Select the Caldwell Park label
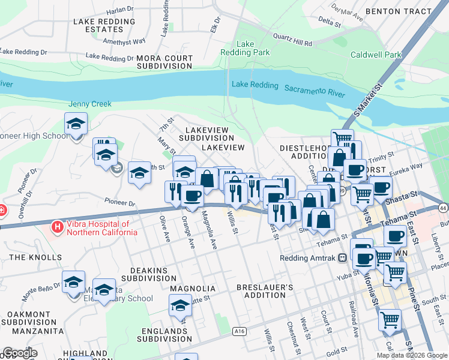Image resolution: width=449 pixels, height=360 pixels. tap(376, 55)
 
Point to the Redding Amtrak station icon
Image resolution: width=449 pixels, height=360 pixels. tap(343, 259)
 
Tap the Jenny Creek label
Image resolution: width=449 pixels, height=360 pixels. tap(90, 104)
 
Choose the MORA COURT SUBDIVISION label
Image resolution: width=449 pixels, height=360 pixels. tap(164, 62)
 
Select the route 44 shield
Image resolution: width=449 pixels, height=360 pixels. tap(443, 208)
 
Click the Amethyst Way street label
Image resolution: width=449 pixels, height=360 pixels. tap(124, 41)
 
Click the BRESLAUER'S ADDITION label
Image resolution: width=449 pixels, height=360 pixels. tap(265, 292)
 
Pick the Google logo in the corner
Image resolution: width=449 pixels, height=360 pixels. tap(20, 353)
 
